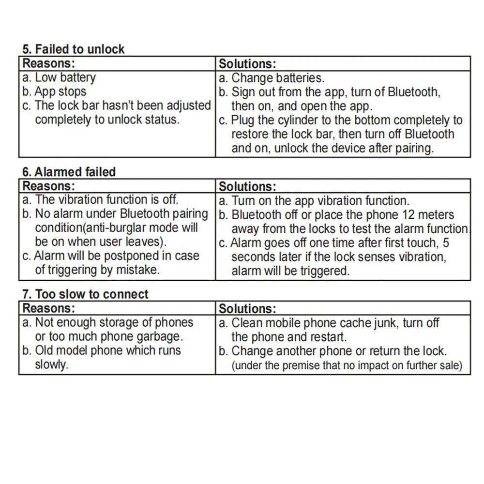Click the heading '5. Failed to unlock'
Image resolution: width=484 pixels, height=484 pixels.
(74, 49)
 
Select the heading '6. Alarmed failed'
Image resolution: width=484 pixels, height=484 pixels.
(69, 172)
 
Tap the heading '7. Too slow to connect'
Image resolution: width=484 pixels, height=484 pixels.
(86, 294)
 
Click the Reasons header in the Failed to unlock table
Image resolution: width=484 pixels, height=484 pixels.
(49, 63)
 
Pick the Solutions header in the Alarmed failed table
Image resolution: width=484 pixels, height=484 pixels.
(247, 186)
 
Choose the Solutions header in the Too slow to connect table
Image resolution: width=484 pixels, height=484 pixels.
(247, 309)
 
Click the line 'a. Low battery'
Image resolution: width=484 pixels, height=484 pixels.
(60, 77)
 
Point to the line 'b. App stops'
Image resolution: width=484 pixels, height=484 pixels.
(55, 91)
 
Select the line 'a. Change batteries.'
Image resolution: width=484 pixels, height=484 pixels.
(272, 78)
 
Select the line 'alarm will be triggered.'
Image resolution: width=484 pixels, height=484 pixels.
(290, 271)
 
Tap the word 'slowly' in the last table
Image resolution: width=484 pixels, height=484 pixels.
(51, 364)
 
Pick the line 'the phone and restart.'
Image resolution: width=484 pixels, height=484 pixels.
(289, 336)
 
